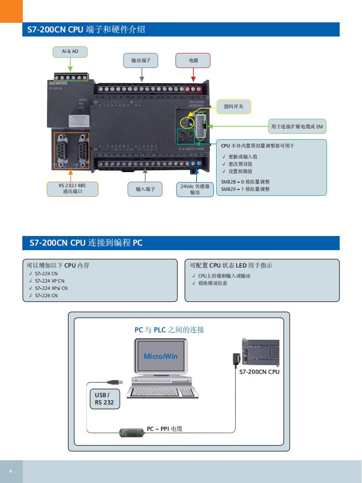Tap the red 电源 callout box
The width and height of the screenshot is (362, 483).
(193, 60)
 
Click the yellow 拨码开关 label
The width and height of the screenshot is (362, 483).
(233, 106)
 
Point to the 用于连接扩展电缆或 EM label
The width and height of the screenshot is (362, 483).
(297, 126)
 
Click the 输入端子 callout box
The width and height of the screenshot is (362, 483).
(145, 189)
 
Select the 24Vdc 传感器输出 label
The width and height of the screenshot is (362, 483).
(195, 189)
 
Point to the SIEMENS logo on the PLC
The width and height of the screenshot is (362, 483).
(58, 84)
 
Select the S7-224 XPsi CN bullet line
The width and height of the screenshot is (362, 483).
(51, 288)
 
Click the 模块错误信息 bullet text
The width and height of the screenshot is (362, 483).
(212, 283)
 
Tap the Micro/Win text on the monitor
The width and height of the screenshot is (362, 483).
(160, 356)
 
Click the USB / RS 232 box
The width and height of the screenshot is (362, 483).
(104, 399)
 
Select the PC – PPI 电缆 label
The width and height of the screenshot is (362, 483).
(164, 429)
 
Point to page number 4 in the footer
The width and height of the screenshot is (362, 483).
(10, 471)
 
